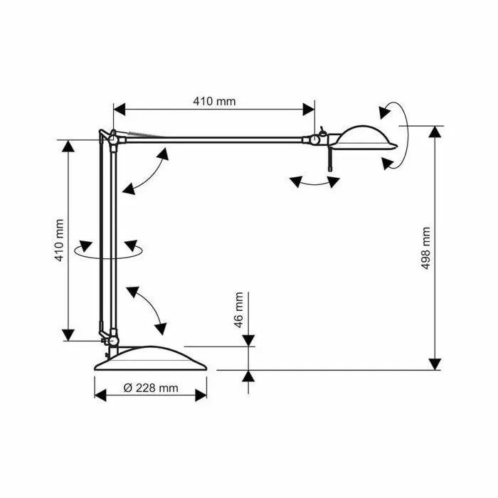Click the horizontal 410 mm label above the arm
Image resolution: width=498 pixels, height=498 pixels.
pos(214,101)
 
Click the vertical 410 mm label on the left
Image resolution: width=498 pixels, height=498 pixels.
pos(60,240)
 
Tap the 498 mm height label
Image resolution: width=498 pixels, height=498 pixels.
pos(425,248)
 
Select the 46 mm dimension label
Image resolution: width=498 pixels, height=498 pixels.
pos(238,309)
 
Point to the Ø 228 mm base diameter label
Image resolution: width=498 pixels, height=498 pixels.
pos(151,388)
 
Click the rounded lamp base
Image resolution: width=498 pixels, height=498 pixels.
pos(151,359)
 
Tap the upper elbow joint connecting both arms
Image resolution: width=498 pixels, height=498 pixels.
pos(113,139)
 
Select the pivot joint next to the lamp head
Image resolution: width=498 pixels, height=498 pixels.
pos(314,139)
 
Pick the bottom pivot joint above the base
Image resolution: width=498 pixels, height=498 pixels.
pos(113,341)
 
